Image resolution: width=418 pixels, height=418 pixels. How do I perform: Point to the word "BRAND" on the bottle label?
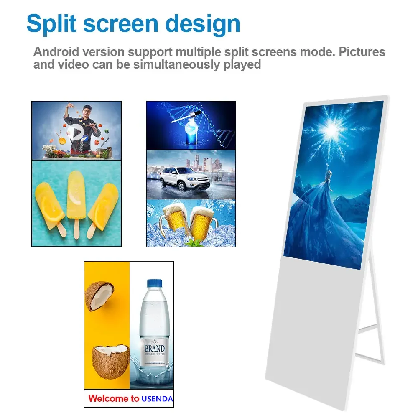coord(154,349)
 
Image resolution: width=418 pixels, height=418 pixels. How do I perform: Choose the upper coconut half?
coord(99,295)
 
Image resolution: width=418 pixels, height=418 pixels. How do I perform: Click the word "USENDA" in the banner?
coord(157,399)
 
